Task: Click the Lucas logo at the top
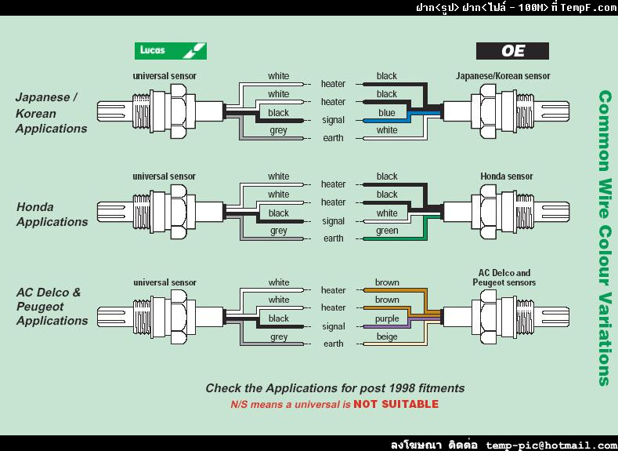pos(170,51)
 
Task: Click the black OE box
pos(512,52)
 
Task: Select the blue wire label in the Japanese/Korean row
pos(387,112)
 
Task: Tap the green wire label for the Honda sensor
pos(387,231)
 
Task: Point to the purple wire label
pos(387,318)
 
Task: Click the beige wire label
pos(387,336)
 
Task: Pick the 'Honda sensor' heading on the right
pos(508,176)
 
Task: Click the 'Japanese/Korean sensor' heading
pos(503,76)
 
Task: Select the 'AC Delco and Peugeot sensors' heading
pos(503,278)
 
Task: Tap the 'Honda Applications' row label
pos(52,214)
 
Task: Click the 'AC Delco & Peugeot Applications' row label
pos(52,306)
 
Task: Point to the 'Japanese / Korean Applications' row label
pos(51,113)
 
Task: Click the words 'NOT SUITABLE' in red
pos(396,405)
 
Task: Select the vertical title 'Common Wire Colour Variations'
pos(605,238)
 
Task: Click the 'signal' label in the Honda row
pos(333,221)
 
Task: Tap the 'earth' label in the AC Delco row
pos(333,344)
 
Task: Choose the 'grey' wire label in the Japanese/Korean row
pos(278,131)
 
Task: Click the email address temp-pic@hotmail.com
pos(551,445)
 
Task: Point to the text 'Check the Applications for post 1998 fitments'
pos(334,388)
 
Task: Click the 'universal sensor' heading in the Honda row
pos(164,176)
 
